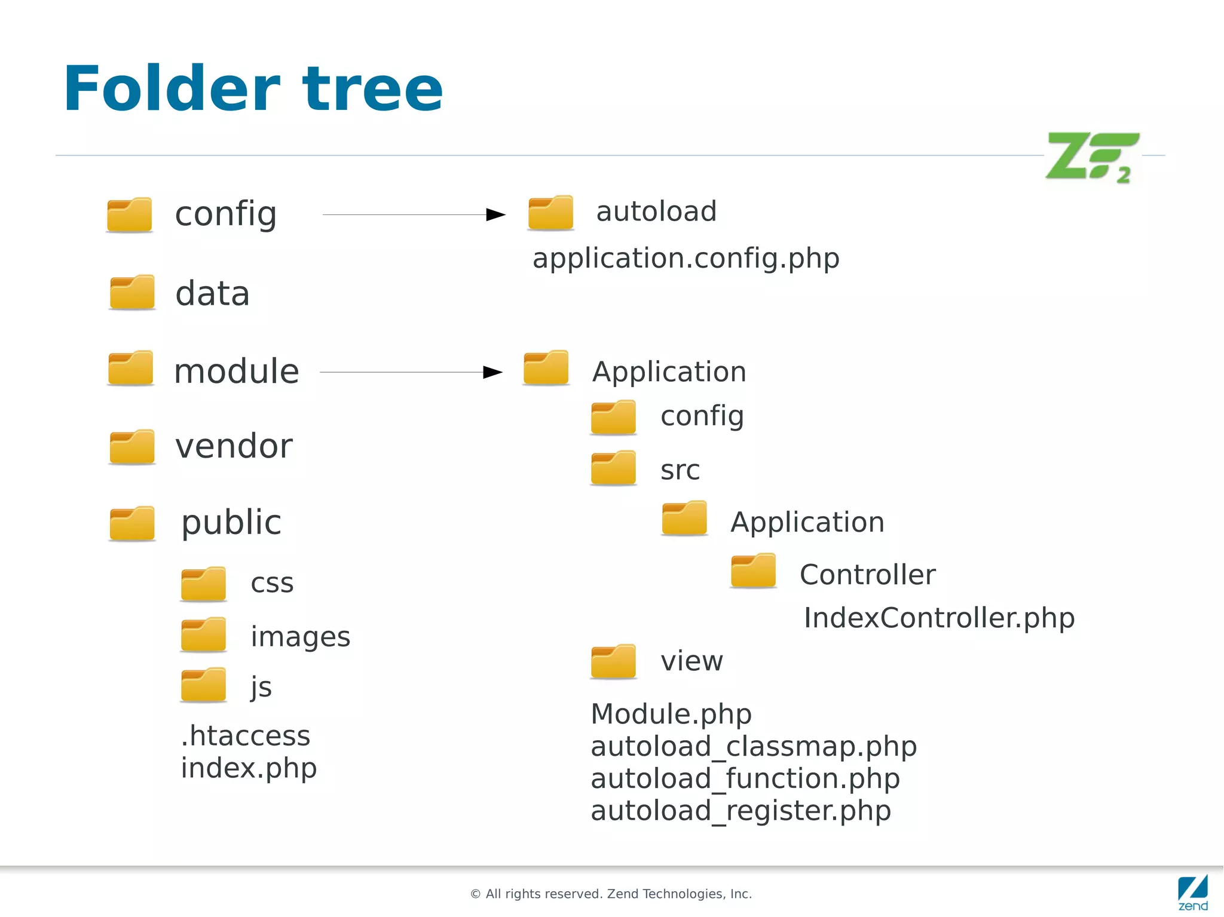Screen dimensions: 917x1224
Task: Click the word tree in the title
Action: [x=373, y=90]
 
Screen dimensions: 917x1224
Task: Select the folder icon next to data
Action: [x=132, y=293]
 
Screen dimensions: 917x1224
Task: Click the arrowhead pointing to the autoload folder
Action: [x=495, y=214]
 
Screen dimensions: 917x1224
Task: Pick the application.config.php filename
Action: [x=686, y=258]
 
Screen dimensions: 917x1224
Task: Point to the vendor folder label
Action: [x=234, y=446]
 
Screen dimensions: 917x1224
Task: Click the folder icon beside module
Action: [x=130, y=369]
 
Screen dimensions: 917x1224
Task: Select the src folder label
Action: [x=680, y=470]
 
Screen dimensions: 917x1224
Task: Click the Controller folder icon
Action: [x=753, y=571]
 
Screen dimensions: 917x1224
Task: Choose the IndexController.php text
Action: [x=938, y=618]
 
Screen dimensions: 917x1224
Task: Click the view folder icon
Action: [x=613, y=661]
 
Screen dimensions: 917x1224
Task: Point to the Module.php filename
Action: [x=671, y=714]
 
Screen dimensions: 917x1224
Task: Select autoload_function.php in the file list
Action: [x=745, y=778]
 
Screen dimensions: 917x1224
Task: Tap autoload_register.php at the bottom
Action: [x=740, y=811]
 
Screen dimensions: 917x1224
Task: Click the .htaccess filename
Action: [x=245, y=735]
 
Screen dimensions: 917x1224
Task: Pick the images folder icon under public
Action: [x=203, y=635]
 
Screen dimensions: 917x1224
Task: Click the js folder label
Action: [x=261, y=687]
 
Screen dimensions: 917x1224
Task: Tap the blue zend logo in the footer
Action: [x=1193, y=893]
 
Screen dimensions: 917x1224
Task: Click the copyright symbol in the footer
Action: [x=476, y=894]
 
